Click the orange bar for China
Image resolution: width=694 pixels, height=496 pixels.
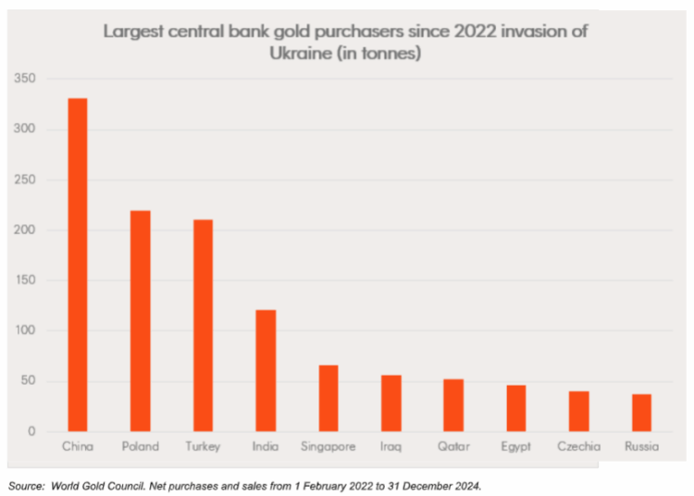point(77,265)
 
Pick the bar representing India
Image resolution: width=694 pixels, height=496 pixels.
point(265,370)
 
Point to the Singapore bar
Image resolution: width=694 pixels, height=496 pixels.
point(328,398)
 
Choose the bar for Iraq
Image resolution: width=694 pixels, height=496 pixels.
point(390,403)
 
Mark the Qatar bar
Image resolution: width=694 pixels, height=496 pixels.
point(452,404)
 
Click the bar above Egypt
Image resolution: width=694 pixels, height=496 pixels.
point(515,408)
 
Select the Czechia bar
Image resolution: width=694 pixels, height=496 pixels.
point(578,411)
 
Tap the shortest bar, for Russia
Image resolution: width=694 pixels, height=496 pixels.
point(640,413)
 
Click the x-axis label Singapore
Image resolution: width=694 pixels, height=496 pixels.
point(328,447)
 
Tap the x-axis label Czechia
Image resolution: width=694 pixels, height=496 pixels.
point(578,447)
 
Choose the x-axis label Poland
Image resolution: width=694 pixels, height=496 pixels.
point(140,447)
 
